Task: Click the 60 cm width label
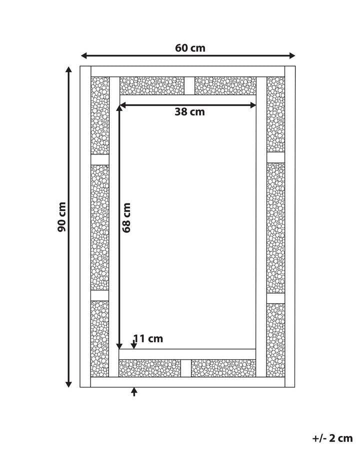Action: click(190, 48)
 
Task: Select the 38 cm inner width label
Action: click(190, 111)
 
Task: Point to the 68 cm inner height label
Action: click(126, 218)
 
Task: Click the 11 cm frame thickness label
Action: click(148, 338)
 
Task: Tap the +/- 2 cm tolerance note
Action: click(332, 438)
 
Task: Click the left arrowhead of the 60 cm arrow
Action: click(83, 55)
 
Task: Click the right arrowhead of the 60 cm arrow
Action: click(292, 55)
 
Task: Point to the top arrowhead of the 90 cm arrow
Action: click(68, 69)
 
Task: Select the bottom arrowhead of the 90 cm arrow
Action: click(68, 383)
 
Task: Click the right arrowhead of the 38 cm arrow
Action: click(253, 105)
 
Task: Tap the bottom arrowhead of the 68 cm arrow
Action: click(119, 346)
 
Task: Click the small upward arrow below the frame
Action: click(134, 391)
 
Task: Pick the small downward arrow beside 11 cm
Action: click(134, 344)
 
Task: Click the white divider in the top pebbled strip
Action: click(189, 85)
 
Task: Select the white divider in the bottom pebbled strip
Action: click(186, 368)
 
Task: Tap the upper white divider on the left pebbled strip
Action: click(100, 160)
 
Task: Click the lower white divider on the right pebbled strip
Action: click(275, 298)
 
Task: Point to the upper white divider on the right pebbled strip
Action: click(275, 157)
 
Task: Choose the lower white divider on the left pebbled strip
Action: click(100, 295)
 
